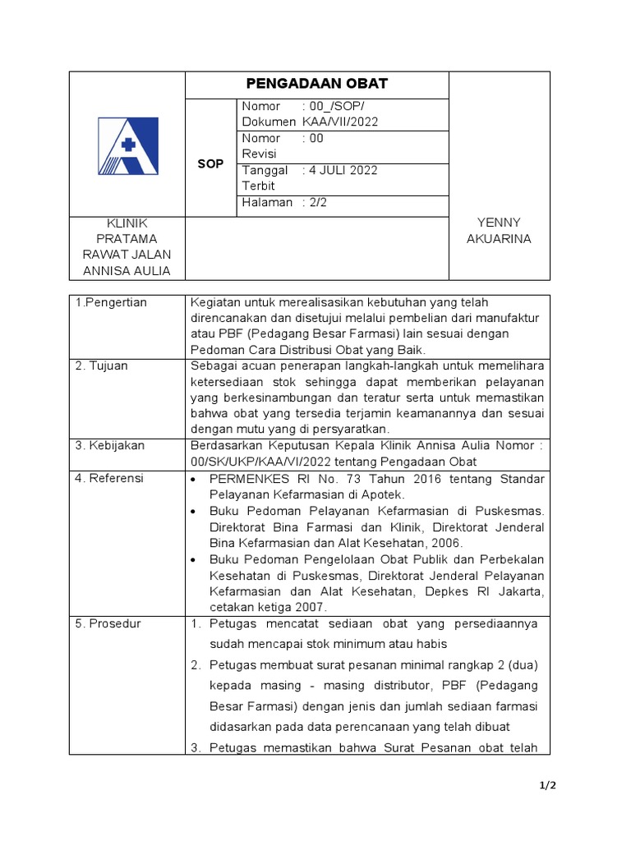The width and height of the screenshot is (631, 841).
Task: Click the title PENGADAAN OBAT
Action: click(317, 85)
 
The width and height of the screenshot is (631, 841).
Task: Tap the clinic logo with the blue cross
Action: click(127, 146)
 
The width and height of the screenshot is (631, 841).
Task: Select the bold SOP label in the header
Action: click(211, 164)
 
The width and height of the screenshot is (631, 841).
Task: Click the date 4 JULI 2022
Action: click(343, 171)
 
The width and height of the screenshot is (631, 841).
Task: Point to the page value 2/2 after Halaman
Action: click(318, 202)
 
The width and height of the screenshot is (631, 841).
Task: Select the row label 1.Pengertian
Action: click(111, 303)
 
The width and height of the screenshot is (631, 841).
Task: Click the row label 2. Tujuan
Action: click(102, 366)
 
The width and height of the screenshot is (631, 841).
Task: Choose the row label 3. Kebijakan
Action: click(110, 445)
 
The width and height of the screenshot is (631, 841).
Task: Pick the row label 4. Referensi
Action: click(109, 478)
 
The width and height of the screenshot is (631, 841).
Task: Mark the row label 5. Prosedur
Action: click(108, 623)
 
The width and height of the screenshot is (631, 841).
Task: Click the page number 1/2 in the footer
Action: click(548, 786)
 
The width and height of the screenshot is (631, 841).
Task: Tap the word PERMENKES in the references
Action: click(245, 478)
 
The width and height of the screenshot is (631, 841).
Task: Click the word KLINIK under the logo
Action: click(127, 223)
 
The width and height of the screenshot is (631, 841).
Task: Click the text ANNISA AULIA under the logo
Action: click(127, 271)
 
